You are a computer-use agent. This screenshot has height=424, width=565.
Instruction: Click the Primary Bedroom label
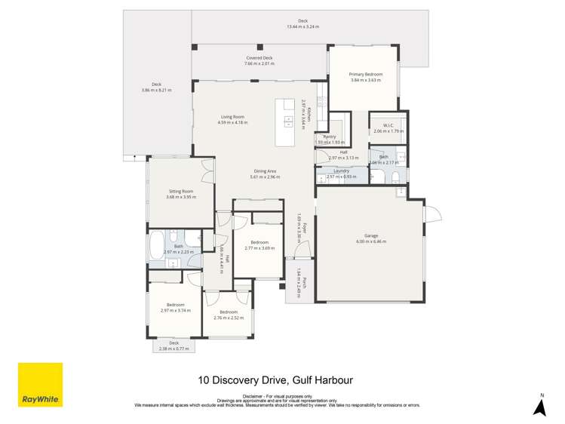click(365, 75)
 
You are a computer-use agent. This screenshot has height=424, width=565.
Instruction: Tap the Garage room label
click(370, 236)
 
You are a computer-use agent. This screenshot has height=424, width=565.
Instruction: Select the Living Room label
click(232, 117)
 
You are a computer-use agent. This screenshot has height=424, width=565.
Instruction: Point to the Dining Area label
click(263, 171)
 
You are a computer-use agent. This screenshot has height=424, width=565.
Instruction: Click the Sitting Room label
click(181, 192)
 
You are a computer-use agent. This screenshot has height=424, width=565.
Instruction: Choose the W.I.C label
click(388, 125)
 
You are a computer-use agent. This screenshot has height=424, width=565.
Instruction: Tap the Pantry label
click(330, 137)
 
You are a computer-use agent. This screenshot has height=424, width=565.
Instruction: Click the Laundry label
click(341, 171)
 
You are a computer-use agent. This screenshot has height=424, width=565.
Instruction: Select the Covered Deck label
click(259, 58)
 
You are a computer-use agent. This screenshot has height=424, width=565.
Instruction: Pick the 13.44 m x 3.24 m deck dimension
click(302, 27)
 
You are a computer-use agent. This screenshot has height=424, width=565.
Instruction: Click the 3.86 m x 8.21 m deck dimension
click(156, 91)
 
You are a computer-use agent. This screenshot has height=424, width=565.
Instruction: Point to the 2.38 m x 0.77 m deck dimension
click(173, 349)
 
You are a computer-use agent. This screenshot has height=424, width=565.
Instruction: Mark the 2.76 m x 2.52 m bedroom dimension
click(229, 318)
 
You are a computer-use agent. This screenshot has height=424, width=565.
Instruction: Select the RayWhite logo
click(40, 385)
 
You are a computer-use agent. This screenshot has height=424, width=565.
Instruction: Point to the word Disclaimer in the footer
click(253, 395)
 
